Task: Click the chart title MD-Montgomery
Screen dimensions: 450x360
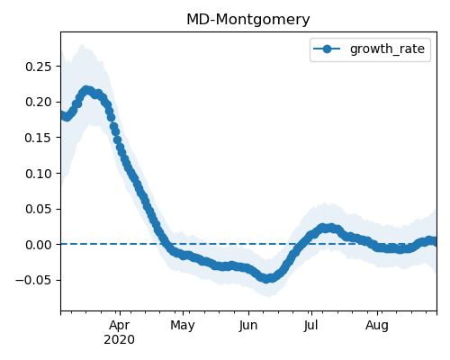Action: click(248, 20)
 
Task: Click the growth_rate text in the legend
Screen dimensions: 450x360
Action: click(387, 49)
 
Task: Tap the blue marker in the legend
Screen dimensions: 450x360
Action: click(327, 49)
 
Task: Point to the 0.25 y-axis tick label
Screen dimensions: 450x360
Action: click(39, 67)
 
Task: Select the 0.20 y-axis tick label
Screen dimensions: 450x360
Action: click(39, 102)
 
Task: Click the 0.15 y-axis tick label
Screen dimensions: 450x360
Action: click(39, 138)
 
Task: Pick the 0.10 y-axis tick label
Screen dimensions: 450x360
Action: click(39, 174)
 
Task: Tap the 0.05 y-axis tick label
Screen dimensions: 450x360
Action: click(39, 209)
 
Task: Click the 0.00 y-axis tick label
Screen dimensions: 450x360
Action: click(39, 245)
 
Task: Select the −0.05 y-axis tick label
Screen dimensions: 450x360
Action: click(33, 280)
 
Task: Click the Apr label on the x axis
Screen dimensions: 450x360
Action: click(120, 326)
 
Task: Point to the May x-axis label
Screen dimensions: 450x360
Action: click(183, 326)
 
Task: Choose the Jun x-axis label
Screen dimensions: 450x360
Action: click(248, 326)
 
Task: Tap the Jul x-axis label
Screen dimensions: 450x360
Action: click(310, 326)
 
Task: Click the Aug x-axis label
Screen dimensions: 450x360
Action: click(377, 326)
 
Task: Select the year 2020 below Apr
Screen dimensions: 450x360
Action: click(119, 340)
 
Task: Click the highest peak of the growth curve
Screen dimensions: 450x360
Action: click(86, 90)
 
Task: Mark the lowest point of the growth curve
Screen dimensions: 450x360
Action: click(266, 279)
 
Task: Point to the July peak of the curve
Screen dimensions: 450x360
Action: click(327, 228)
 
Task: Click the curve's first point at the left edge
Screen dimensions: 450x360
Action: click(61, 115)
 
